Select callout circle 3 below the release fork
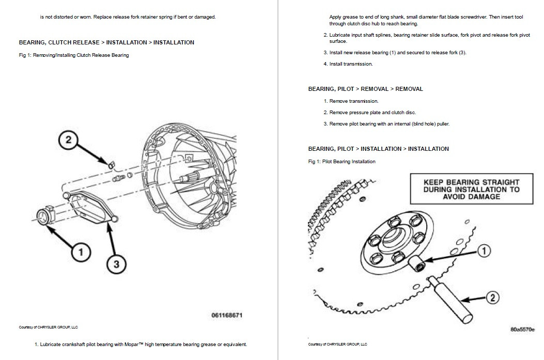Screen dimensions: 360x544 pos(116,264)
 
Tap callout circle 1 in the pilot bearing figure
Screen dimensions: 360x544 pos(483,251)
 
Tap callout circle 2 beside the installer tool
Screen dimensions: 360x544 pos(492,297)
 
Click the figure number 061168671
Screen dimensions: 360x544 pos(226,315)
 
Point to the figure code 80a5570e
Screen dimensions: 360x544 pos(522,328)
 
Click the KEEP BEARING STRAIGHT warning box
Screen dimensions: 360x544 pos(471,189)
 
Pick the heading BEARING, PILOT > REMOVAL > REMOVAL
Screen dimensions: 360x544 pos(365,89)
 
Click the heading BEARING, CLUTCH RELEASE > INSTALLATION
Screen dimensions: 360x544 pos(106,42)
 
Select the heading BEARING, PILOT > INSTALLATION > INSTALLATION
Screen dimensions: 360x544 pos(378,149)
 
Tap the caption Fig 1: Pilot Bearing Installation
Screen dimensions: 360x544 pos(341,162)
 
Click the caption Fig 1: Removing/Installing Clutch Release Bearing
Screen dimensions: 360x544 pos(74,55)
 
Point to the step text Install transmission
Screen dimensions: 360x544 pos(351,64)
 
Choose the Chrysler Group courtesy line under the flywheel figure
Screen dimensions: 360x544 pos(337,343)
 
